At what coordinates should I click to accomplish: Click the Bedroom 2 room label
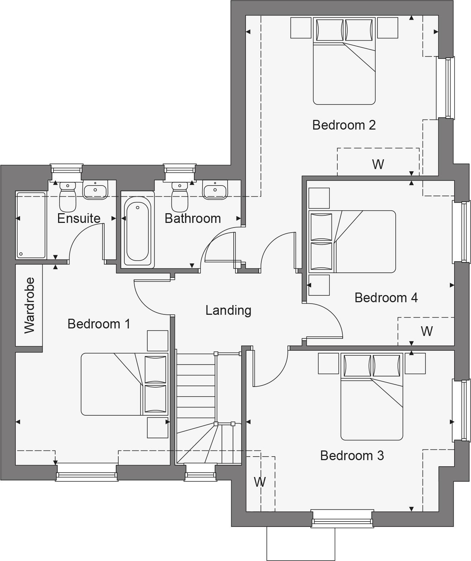click(344, 125)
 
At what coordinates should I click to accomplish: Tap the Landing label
click(228, 310)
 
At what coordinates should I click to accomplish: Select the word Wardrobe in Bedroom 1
click(29, 305)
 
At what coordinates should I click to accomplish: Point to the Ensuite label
click(78, 218)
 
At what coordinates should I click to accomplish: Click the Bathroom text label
click(192, 218)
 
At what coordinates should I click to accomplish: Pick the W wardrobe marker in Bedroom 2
click(378, 164)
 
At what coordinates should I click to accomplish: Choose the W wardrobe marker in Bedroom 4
click(426, 331)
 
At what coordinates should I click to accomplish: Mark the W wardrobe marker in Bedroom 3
click(260, 482)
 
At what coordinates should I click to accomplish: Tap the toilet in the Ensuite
click(67, 197)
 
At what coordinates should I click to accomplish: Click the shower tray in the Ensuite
click(30, 225)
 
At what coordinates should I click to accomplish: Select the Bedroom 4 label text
click(386, 298)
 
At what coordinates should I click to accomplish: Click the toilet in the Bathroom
click(180, 197)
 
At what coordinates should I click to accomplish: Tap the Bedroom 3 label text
click(352, 455)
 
